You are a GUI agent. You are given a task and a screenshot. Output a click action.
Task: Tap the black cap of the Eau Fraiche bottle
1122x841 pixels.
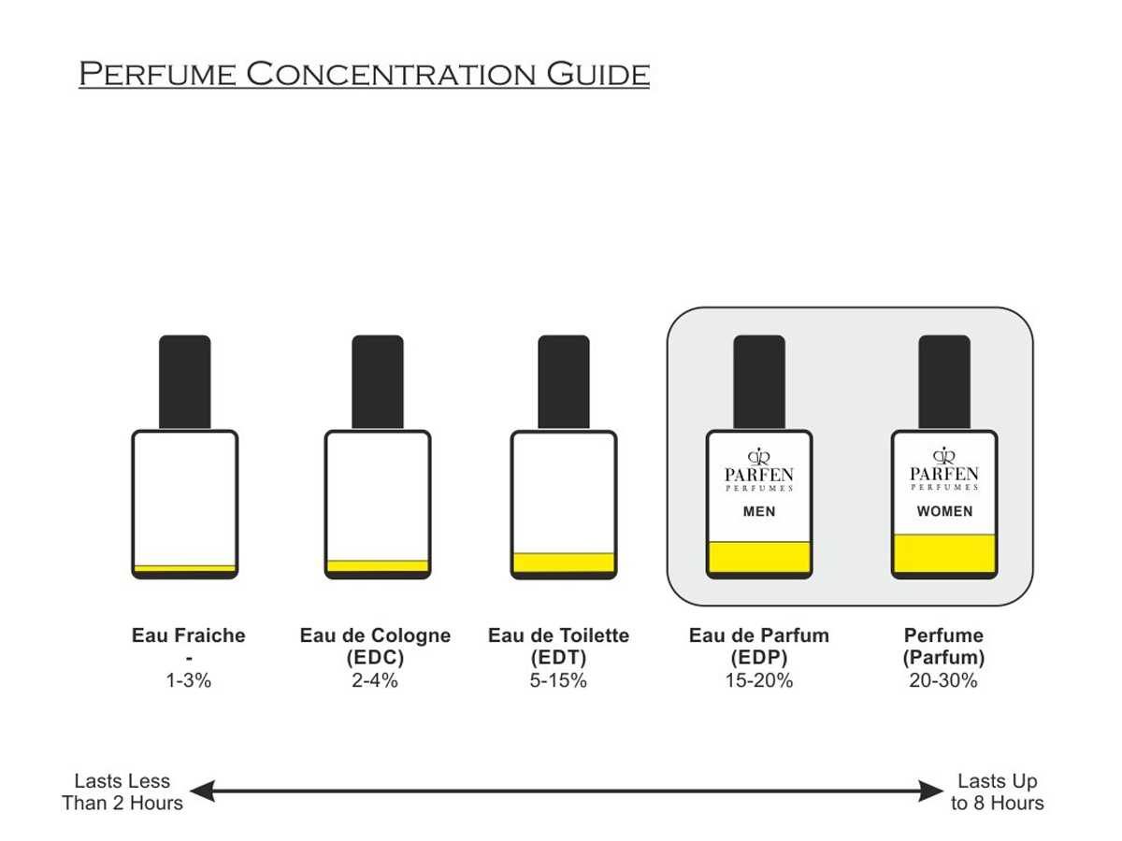click(185, 381)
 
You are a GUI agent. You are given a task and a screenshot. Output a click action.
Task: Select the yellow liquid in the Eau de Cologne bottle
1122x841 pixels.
click(378, 565)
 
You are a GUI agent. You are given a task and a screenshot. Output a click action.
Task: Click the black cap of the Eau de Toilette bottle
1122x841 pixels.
click(564, 381)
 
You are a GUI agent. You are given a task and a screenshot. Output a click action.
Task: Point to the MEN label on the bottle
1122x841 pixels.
click(759, 512)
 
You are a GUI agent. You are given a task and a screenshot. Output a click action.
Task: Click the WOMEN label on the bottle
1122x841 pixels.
click(944, 512)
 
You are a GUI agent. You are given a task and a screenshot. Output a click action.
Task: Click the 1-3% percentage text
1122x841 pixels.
click(189, 681)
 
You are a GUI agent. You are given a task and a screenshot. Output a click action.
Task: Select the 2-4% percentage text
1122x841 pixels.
click(375, 681)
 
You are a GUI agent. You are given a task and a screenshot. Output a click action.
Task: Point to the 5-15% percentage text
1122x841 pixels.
click(558, 681)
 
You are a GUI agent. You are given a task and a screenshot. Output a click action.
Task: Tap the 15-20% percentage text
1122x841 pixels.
click(759, 681)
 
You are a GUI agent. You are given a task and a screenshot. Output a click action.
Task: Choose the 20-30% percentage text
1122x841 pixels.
click(943, 681)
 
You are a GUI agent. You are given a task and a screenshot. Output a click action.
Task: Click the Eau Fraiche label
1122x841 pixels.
click(189, 636)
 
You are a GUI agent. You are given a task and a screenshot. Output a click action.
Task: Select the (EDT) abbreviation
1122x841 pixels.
click(558, 658)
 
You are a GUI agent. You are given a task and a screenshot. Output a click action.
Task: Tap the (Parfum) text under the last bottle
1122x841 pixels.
click(943, 658)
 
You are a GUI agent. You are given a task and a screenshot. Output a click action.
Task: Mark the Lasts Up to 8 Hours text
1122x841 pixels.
click(998, 792)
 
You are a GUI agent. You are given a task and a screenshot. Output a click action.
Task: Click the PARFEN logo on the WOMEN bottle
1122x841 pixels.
click(944, 469)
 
